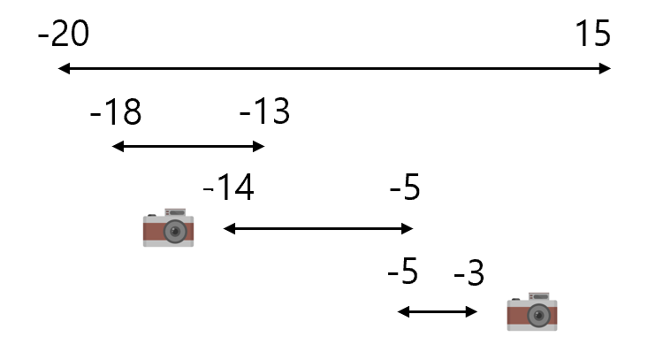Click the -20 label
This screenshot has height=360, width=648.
[x=64, y=33]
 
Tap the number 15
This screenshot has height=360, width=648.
[x=592, y=33]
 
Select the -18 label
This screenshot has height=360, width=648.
[x=116, y=111]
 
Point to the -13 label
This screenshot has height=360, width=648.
[x=265, y=111]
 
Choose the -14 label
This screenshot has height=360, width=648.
[x=229, y=188]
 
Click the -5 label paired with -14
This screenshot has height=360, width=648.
[x=405, y=188]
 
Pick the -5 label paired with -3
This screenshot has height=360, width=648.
[x=403, y=272]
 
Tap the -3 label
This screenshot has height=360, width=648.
[x=469, y=272]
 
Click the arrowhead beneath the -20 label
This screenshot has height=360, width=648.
[x=64, y=68]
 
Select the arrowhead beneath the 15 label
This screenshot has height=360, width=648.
[x=605, y=68]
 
